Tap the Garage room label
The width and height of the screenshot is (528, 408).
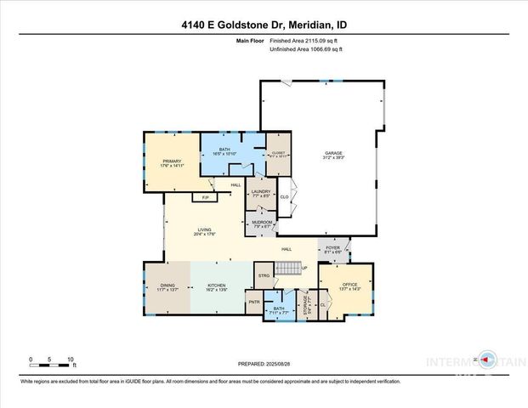pos(332,156)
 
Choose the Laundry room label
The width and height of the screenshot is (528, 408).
pos(260,194)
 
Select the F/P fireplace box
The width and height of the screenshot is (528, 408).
pos(203,198)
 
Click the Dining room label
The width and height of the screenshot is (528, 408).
pos(166,288)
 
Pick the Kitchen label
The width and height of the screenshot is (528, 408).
pos(220,288)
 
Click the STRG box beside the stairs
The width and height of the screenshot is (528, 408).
pos(264,275)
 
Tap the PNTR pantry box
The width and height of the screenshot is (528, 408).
pos(253,303)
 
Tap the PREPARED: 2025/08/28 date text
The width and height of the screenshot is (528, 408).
pos(264,363)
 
